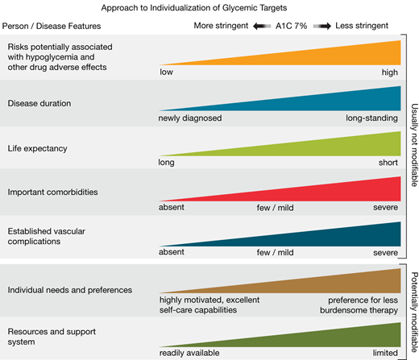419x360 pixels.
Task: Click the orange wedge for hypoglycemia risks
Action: [x=338, y=56]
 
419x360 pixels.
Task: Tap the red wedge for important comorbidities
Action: [x=338, y=190]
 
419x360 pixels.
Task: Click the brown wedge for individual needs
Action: [x=338, y=282]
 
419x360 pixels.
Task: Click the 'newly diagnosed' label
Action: [x=189, y=118]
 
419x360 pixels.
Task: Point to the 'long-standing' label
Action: [x=373, y=118]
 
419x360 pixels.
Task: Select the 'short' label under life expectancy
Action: [x=389, y=163]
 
